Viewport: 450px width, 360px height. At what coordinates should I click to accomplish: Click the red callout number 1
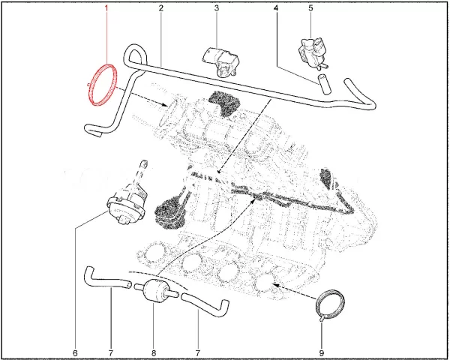[106, 9]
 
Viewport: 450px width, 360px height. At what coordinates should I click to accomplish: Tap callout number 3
[216, 9]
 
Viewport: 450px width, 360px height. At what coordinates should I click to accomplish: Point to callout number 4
[276, 9]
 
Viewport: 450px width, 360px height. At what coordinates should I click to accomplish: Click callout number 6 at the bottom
[75, 352]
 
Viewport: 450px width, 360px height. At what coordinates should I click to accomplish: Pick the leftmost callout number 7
[109, 352]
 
